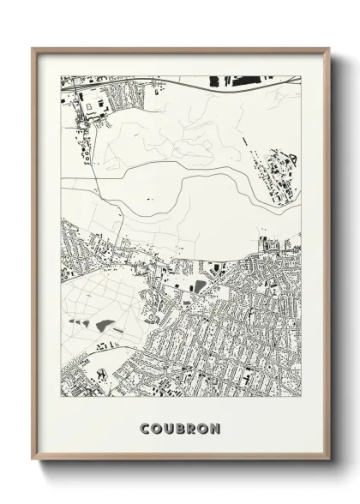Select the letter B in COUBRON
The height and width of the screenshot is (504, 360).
[180, 428]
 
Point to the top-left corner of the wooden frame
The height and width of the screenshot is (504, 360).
[33, 48]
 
